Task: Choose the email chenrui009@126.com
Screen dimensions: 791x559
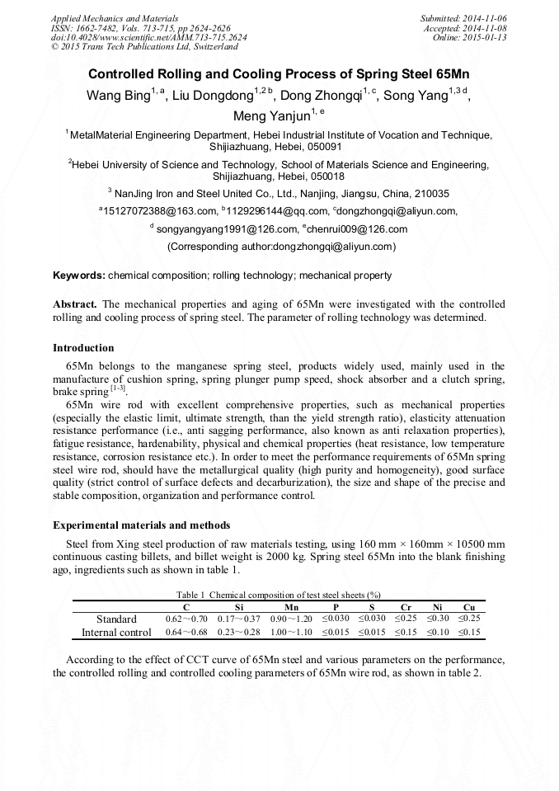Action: [358, 228]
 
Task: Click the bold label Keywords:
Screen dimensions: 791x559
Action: [79, 275]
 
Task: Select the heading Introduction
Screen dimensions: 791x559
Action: [83, 348]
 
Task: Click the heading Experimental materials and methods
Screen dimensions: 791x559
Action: [141, 525]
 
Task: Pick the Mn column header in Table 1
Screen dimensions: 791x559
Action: [291, 607]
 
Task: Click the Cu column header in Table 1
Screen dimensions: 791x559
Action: [468, 607]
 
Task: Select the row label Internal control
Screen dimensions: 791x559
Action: [116, 633]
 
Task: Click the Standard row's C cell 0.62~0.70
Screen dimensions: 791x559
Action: [186, 619]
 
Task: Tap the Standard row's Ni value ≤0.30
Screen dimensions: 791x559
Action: [438, 619]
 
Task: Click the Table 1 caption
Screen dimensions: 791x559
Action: [279, 595]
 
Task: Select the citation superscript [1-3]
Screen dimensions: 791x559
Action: [119, 388]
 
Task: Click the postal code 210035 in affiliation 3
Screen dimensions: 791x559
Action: [428, 194]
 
